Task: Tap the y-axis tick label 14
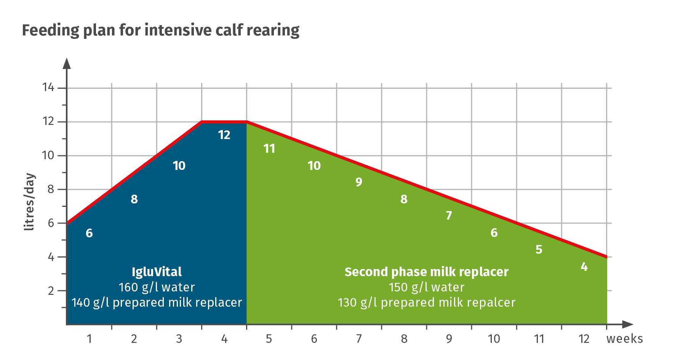[x=48, y=88]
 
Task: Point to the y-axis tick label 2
[x=51, y=291]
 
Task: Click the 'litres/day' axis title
[x=29, y=202]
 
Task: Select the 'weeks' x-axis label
[x=624, y=339]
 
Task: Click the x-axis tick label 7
[x=359, y=339]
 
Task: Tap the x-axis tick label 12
[x=584, y=339]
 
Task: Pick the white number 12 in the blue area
[x=224, y=135]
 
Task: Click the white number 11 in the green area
[x=269, y=149]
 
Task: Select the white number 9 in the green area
[x=359, y=182]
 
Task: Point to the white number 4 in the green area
[x=584, y=267]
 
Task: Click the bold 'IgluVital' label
[x=157, y=272]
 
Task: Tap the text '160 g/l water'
[x=157, y=287]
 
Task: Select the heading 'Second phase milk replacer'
[x=426, y=272]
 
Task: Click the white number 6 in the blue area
[x=89, y=233]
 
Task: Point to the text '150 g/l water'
[x=426, y=287]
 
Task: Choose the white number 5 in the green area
[x=539, y=250]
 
